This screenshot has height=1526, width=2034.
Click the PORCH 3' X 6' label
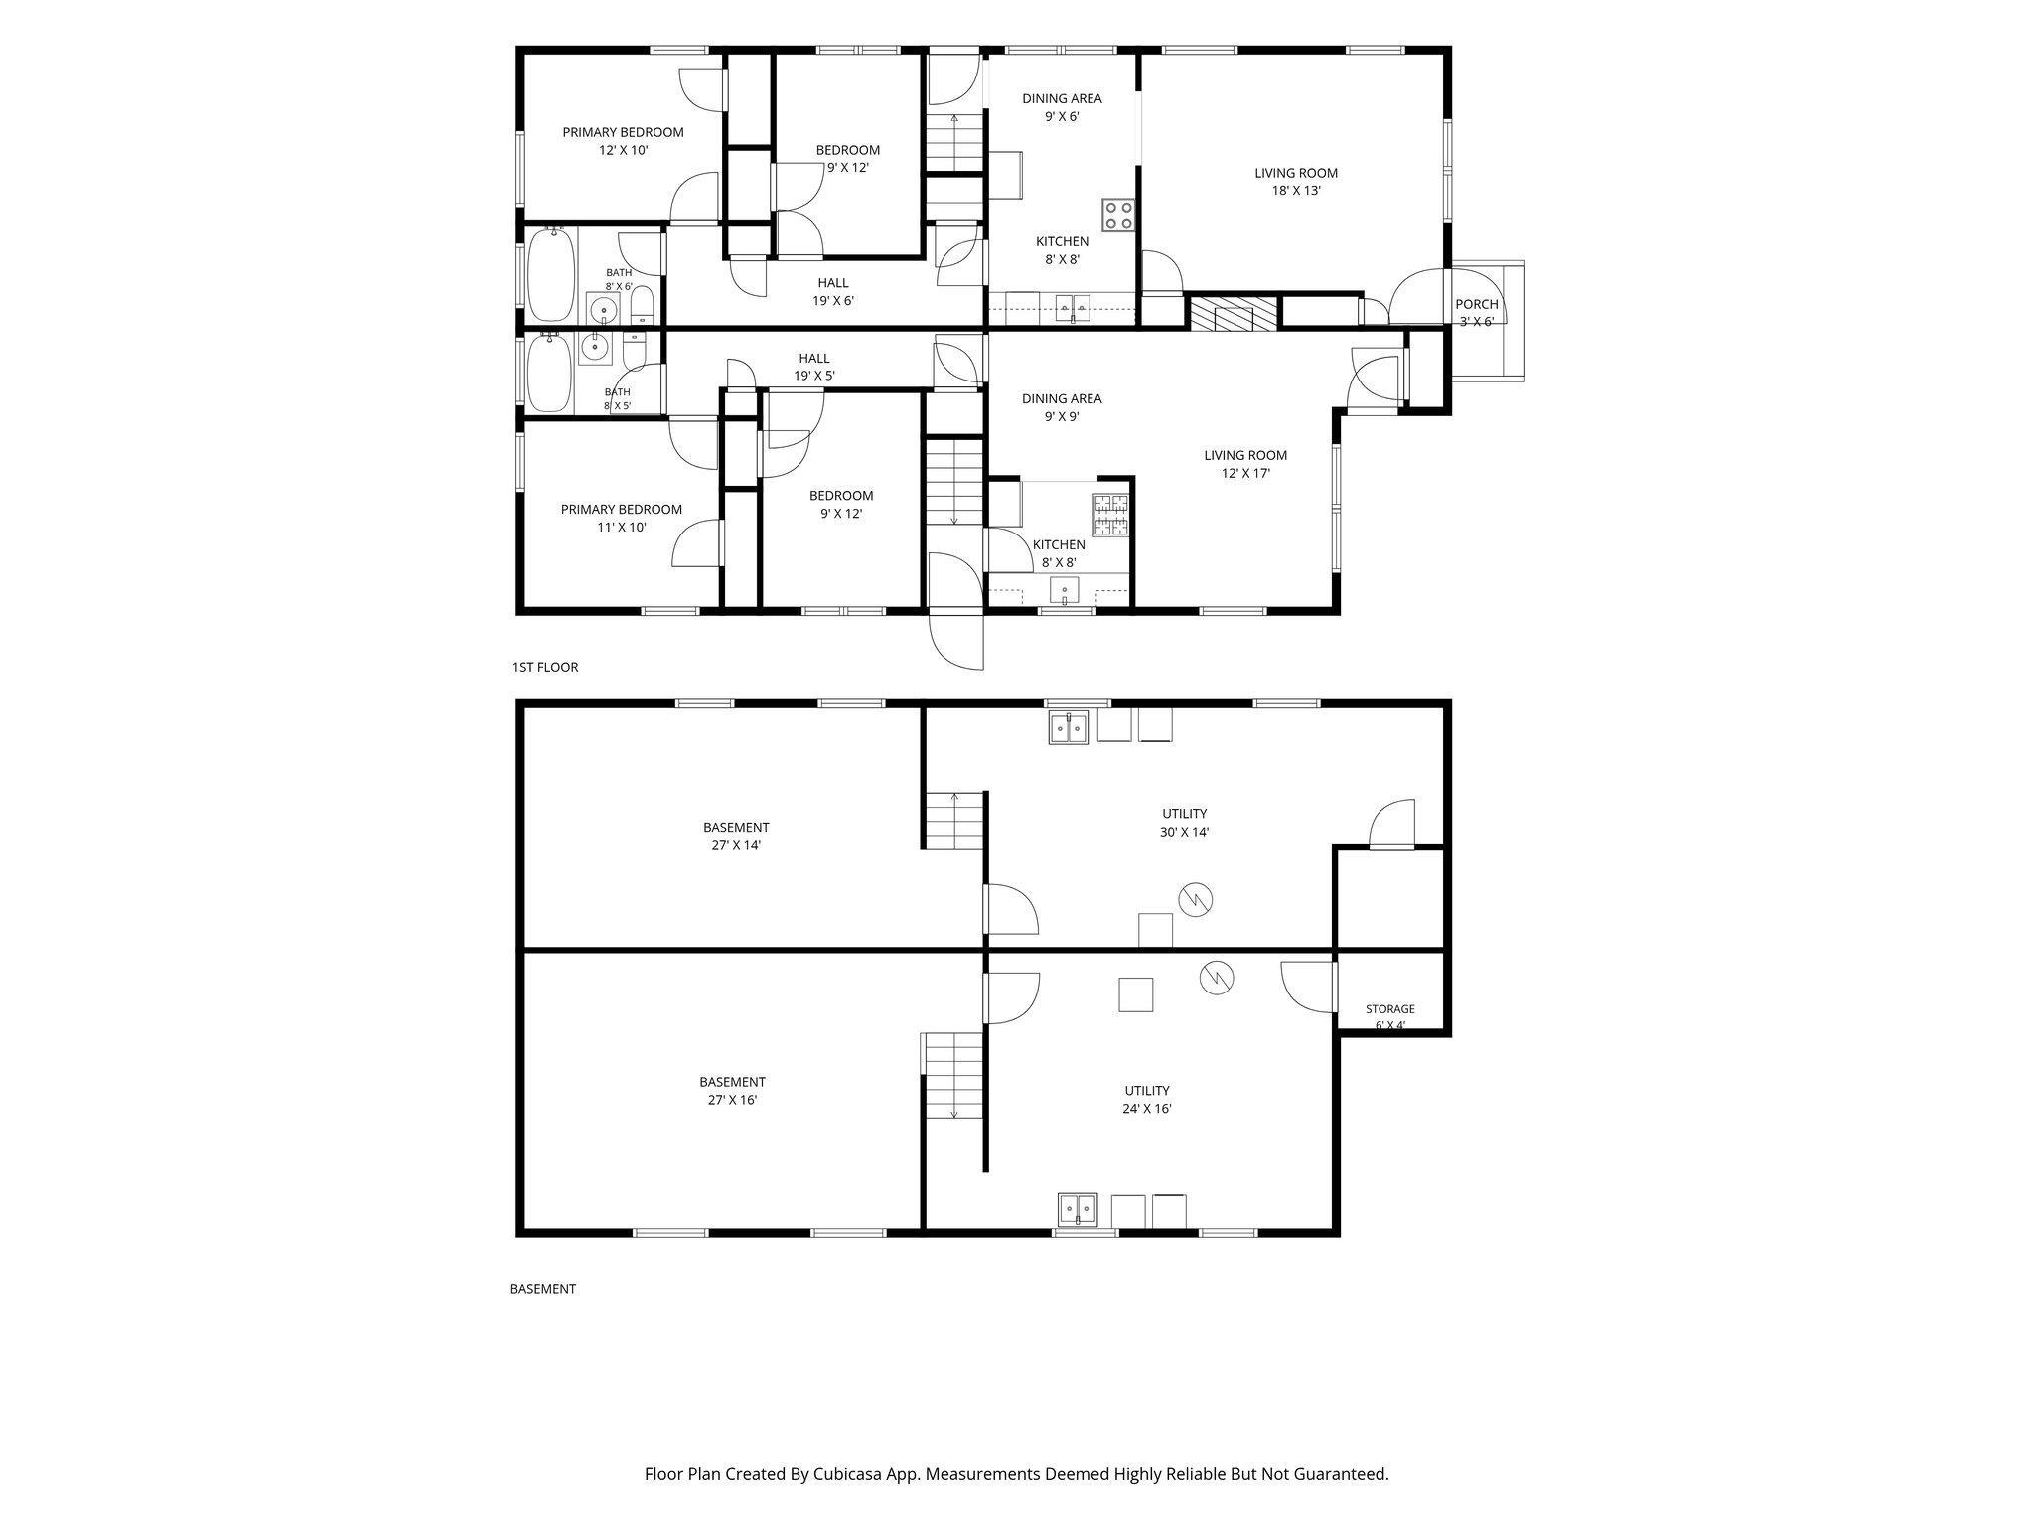(x=1476, y=312)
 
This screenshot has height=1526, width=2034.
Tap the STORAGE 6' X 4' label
(x=1389, y=1017)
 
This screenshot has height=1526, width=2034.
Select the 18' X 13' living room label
(x=1296, y=182)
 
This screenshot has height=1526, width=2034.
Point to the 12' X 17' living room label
(x=1245, y=464)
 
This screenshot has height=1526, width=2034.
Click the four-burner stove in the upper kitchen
(x=1117, y=215)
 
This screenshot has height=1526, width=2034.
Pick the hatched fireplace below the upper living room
(x=1233, y=313)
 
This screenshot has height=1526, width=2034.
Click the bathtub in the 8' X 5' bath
(x=546, y=373)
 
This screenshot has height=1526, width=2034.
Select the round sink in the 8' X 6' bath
(x=602, y=310)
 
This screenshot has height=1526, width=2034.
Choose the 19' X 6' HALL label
(x=833, y=292)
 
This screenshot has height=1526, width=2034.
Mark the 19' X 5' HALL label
(x=814, y=368)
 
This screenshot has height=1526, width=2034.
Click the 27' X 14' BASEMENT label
(x=736, y=837)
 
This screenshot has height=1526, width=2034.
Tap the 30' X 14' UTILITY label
(x=1184, y=823)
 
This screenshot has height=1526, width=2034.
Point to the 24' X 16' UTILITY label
(x=1147, y=1099)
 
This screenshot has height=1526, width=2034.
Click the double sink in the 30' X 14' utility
(x=1069, y=727)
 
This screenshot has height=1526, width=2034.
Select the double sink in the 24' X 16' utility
(x=1078, y=1209)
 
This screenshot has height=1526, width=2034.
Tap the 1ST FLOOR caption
(x=545, y=667)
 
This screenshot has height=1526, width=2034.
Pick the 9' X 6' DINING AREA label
(x=1062, y=107)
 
